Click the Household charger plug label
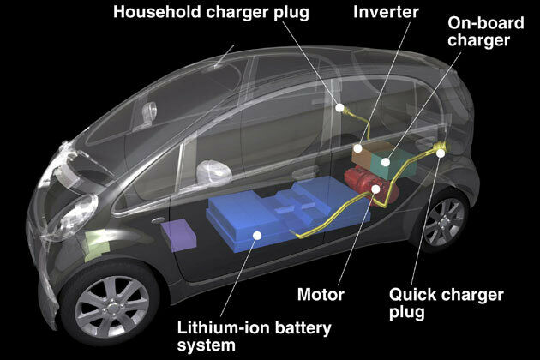[211, 12]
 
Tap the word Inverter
[386, 12]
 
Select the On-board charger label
[486, 32]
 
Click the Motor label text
[321, 295]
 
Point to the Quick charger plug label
[447, 303]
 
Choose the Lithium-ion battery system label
[254, 336]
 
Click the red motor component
[371, 188]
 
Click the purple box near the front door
[178, 235]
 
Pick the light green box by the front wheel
[98, 245]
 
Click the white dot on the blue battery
[257, 236]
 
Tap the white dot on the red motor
[375, 189]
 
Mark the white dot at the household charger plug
[339, 108]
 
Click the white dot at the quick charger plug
[441, 153]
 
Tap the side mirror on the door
[213, 171]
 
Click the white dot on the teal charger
[386, 162]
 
